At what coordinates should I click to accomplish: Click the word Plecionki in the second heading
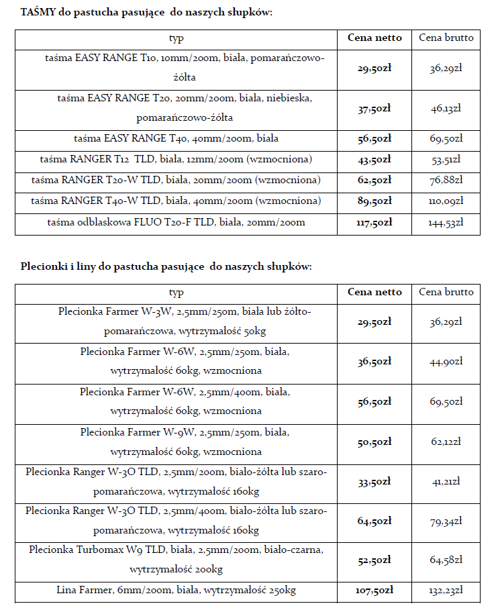[41, 266]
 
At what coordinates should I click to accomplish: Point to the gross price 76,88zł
[446, 181]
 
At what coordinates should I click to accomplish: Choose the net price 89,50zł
[375, 201]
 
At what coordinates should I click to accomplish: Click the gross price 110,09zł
[446, 201]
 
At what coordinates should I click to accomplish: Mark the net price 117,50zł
[375, 223]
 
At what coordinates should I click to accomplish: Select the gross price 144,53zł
[446, 223]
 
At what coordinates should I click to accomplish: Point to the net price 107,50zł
[375, 591]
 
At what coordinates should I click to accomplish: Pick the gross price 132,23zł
[446, 591]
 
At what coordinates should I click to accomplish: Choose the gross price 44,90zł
[446, 362]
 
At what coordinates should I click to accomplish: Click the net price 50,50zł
[375, 443]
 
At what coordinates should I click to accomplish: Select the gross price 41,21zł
[446, 482]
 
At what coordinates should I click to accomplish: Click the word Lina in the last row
[68, 591]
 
